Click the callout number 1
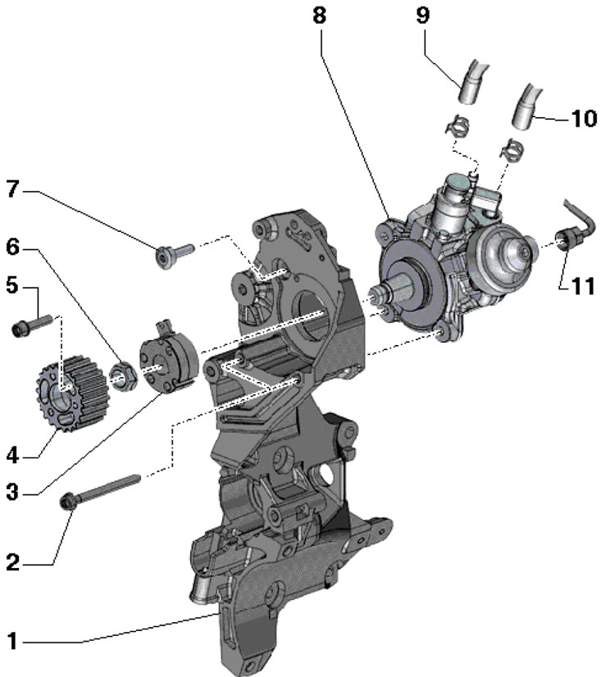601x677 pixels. pyautogui.click(x=12, y=641)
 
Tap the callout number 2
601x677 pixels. pyautogui.click(x=13, y=563)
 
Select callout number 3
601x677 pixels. pyautogui.click(x=13, y=493)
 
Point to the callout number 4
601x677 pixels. pyautogui.click(x=13, y=456)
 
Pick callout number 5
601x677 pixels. pyautogui.click(x=12, y=286)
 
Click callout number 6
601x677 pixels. pyautogui.click(x=13, y=248)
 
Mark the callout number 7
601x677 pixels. pyautogui.click(x=13, y=189)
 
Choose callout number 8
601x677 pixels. pyautogui.click(x=319, y=16)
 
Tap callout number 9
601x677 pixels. pyautogui.click(x=423, y=15)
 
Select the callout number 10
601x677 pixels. pyautogui.click(x=584, y=118)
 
